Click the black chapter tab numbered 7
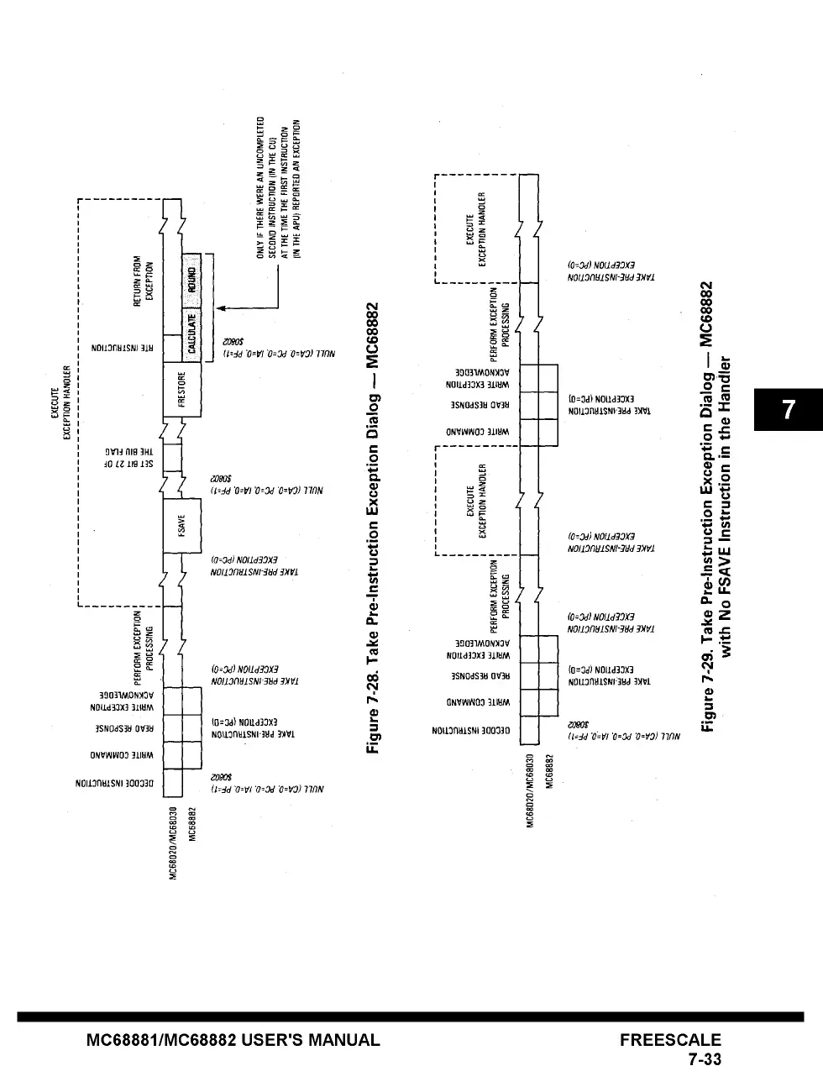pyautogui.click(x=788, y=410)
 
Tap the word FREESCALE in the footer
pyautogui.click(x=670, y=1040)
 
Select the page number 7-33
pyautogui.click(x=705, y=1059)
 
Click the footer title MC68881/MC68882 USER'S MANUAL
pyautogui.click(x=233, y=1040)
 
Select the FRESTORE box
pyautogui.click(x=182, y=389)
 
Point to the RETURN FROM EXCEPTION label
pyautogui.click(x=144, y=281)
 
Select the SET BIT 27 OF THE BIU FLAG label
pyautogui.click(x=144, y=457)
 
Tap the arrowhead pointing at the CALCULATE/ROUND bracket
pyautogui.click(x=221, y=308)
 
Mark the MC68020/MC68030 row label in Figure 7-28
pyautogui.click(x=174, y=843)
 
